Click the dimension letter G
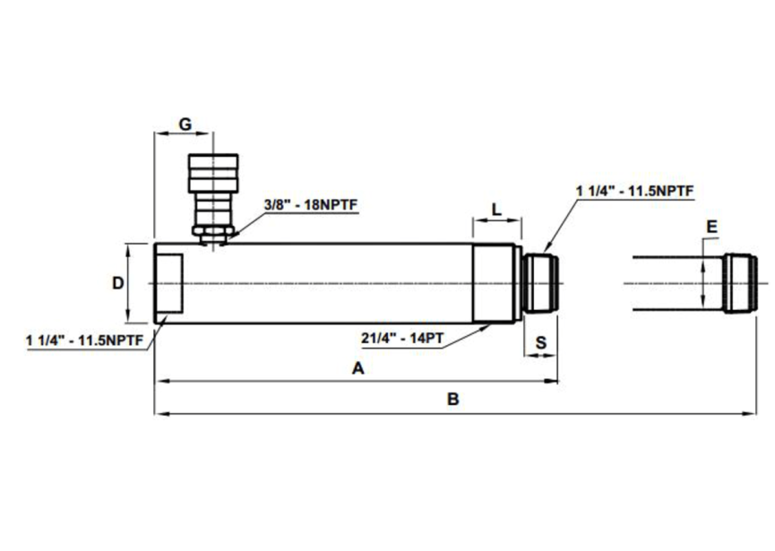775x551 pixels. coord(185,124)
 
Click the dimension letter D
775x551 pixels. coord(116,283)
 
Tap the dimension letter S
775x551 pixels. coord(541,342)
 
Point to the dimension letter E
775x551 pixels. coord(710,228)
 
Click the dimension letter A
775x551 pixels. coord(358,368)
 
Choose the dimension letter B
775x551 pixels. coord(453,400)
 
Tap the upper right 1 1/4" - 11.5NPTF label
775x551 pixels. coord(635,191)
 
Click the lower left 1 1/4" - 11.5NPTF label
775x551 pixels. coord(86,340)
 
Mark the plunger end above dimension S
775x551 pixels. coord(541,282)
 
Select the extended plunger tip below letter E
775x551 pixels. coord(741,283)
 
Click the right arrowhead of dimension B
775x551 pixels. coord(752,414)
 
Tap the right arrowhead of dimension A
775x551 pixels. coord(554,382)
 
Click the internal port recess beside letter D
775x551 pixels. coord(169,283)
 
